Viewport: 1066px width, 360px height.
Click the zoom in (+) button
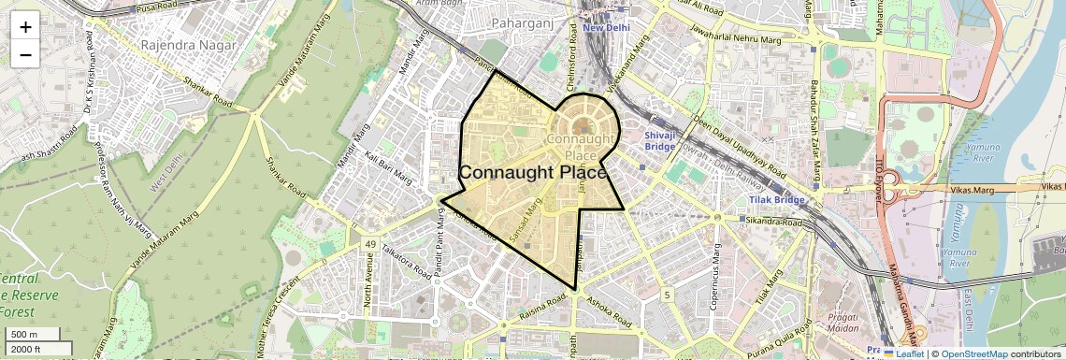point(25,26)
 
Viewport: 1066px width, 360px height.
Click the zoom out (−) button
point(25,54)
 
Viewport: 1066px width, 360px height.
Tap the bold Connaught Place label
point(533,173)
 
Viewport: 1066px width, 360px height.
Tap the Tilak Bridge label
point(776,200)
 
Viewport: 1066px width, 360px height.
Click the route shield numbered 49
point(370,245)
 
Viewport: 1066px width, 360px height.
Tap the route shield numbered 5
point(667,295)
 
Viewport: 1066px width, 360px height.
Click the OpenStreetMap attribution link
point(973,353)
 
